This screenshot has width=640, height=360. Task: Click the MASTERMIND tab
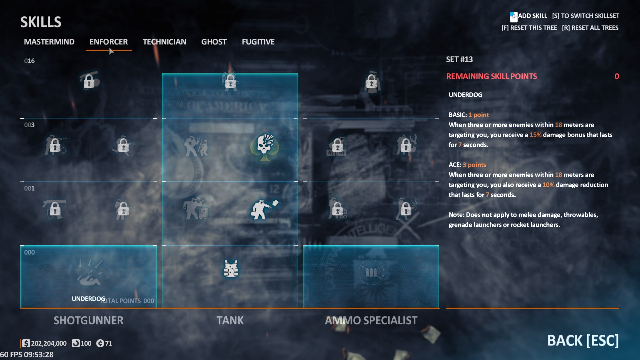49,42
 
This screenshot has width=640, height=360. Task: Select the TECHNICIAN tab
164,42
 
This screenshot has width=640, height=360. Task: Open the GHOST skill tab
214,42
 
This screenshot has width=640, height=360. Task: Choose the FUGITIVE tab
258,42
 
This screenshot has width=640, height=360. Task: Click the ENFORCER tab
108,42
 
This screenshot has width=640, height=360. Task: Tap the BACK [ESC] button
583,340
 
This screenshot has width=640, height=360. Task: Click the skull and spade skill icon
265,145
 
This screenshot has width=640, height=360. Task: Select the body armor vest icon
231,269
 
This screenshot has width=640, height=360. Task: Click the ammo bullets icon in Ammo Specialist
371,273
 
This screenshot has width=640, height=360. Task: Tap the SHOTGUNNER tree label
88,320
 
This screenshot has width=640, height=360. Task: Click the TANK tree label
230,320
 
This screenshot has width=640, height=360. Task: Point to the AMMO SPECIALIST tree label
371,320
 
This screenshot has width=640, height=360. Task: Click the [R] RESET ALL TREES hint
590,28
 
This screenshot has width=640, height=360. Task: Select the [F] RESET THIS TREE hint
529,28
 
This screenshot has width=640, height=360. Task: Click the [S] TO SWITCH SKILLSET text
585,16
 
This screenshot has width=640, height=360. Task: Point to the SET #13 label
459,59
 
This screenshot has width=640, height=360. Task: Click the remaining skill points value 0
617,76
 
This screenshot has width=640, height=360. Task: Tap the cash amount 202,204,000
49,343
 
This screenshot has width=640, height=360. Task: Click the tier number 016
29,61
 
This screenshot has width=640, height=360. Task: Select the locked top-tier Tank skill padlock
230,81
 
